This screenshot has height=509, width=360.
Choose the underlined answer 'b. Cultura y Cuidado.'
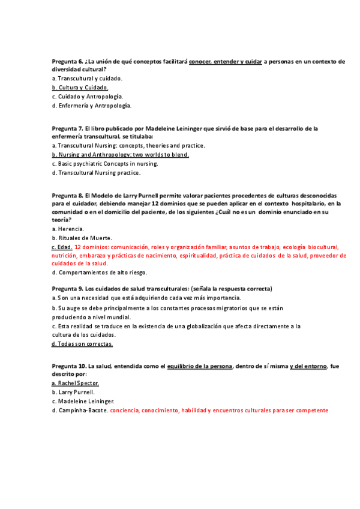tap(80, 88)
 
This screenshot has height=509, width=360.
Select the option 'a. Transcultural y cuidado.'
tap(87, 79)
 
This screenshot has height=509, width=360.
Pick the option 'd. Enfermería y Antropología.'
tap(91, 106)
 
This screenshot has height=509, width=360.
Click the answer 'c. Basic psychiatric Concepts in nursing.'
tap(105, 164)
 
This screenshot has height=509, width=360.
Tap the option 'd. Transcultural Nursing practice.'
tap(96, 173)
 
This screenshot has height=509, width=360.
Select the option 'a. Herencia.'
tap(68, 229)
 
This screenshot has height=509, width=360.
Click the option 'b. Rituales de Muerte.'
tap(82, 238)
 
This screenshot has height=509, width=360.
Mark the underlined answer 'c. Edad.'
tap(62, 247)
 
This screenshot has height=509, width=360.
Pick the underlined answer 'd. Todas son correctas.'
tap(82, 344)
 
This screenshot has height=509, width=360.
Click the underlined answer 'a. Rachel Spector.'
tap(76, 383)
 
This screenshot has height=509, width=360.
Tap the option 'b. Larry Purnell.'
tap(73, 392)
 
